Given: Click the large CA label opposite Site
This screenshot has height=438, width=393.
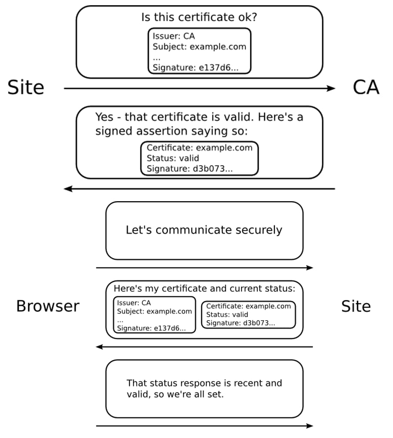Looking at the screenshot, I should (366, 88).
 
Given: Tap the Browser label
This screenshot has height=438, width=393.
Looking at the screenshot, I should (48, 306).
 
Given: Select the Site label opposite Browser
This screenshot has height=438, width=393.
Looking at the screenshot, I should (356, 306).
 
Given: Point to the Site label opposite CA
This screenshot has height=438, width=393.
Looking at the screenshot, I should (26, 88).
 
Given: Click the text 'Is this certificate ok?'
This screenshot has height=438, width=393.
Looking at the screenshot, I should (199, 17).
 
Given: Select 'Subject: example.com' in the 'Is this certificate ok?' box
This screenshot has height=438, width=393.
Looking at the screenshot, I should (199, 46).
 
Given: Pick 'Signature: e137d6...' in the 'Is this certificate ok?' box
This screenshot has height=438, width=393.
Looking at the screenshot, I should (195, 67).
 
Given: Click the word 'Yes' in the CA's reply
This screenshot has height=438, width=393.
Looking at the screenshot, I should (104, 117).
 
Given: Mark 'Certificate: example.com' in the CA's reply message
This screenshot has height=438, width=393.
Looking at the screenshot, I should (199, 148).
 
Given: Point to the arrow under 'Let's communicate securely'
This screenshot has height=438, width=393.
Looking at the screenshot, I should (204, 268).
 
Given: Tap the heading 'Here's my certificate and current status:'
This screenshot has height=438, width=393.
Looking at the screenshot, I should (204, 289).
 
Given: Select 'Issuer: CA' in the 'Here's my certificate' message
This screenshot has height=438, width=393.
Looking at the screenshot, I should (134, 303).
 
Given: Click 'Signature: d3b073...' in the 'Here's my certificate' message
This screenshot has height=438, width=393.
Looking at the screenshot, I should (240, 323).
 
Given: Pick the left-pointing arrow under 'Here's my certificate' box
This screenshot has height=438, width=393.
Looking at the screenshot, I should (204, 347).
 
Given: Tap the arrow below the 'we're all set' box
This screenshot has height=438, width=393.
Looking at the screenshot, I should (204, 426).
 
